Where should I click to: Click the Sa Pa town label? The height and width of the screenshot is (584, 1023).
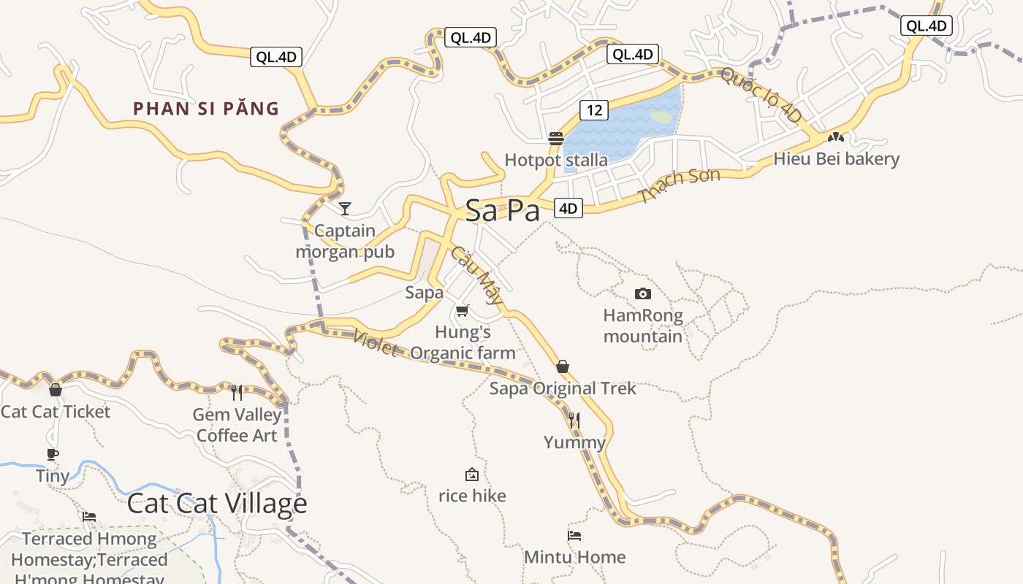click(503, 211)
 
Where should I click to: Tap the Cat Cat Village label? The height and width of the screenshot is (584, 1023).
click(217, 504)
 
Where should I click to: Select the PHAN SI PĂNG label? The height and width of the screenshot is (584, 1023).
click(206, 109)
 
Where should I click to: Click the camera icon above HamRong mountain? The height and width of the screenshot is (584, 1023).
click(643, 293)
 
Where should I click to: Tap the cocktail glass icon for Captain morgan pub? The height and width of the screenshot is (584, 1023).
click(345, 209)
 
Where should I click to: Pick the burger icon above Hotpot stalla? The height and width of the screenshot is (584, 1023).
click(556, 138)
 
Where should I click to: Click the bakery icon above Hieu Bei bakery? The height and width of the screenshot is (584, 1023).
click(836, 137)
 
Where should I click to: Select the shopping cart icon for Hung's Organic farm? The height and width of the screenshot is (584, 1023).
click(462, 311)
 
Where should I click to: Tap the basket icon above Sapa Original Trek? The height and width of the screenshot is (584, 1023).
click(563, 366)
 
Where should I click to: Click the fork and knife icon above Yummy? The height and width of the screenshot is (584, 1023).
click(574, 420)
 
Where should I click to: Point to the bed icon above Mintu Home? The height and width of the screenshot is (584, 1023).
click(574, 536)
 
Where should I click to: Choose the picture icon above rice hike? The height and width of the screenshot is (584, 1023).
click(472, 474)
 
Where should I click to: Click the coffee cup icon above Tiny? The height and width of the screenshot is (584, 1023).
click(53, 454)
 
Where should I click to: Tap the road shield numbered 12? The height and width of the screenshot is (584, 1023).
click(594, 110)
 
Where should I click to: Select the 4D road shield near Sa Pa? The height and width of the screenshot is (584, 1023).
click(568, 209)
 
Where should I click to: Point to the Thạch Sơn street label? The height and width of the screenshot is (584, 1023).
click(679, 185)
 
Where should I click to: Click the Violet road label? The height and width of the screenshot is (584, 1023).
click(375, 343)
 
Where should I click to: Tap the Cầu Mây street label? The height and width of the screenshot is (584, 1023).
click(476, 274)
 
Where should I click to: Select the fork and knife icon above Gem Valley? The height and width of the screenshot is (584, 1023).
click(237, 393)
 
